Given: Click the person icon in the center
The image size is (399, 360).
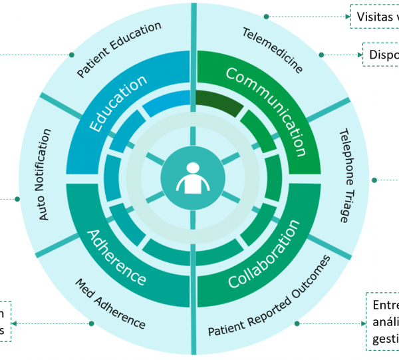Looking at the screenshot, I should click(x=192, y=178).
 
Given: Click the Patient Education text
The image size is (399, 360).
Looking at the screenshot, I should click(x=119, y=49).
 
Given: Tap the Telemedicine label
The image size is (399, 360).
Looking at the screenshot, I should click(x=272, y=50).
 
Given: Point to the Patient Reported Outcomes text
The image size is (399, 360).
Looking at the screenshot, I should click(x=269, y=297).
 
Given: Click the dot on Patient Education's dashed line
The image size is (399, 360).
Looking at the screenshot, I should click(x=70, y=55).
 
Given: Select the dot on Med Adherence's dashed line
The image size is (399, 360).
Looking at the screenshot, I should click(x=91, y=323).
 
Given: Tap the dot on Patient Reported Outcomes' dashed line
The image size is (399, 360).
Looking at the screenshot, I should click(x=297, y=323).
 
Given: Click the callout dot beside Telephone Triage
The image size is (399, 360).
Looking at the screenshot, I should click(x=374, y=180).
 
